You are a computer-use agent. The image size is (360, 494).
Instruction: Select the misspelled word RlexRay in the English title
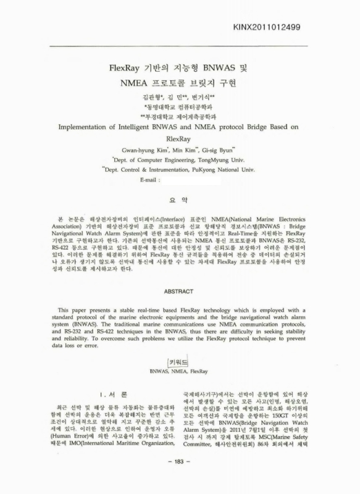(x=180, y=140)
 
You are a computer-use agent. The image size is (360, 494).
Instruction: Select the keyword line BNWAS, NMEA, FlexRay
(x=179, y=372)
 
